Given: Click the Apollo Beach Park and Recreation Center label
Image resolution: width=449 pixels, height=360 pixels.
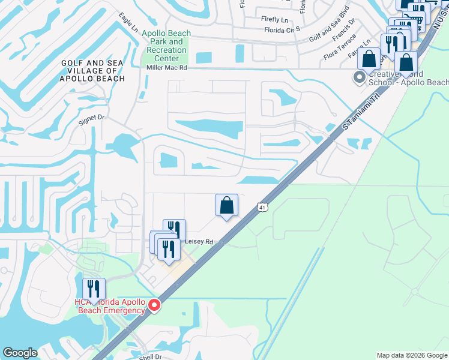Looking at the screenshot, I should (x=166, y=46).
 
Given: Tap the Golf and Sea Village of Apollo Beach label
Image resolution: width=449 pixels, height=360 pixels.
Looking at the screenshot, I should (x=92, y=70).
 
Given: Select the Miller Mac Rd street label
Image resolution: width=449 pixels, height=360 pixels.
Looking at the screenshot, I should (x=167, y=68).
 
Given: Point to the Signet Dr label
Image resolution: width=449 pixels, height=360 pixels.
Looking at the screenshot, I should (x=92, y=119).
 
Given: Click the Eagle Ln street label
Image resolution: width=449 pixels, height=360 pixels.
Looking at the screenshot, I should (x=128, y=23).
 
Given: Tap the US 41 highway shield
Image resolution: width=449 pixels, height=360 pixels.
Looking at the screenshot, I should (x=263, y=207).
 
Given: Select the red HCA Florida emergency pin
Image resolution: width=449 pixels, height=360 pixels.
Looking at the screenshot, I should (x=154, y=305).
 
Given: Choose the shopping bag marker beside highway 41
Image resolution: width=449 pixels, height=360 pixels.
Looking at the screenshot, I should (x=226, y=206).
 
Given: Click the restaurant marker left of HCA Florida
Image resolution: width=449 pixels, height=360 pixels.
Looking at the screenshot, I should (x=94, y=289).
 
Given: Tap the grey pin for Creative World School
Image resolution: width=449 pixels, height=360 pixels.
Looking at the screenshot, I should (x=360, y=77).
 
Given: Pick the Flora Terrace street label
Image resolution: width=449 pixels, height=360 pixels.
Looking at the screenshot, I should (x=340, y=50).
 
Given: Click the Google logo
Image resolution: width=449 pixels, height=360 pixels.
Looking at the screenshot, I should (x=20, y=353).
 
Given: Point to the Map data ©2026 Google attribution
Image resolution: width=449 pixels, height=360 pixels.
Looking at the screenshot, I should (x=412, y=355).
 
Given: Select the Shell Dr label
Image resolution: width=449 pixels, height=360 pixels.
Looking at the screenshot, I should (x=151, y=356).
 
